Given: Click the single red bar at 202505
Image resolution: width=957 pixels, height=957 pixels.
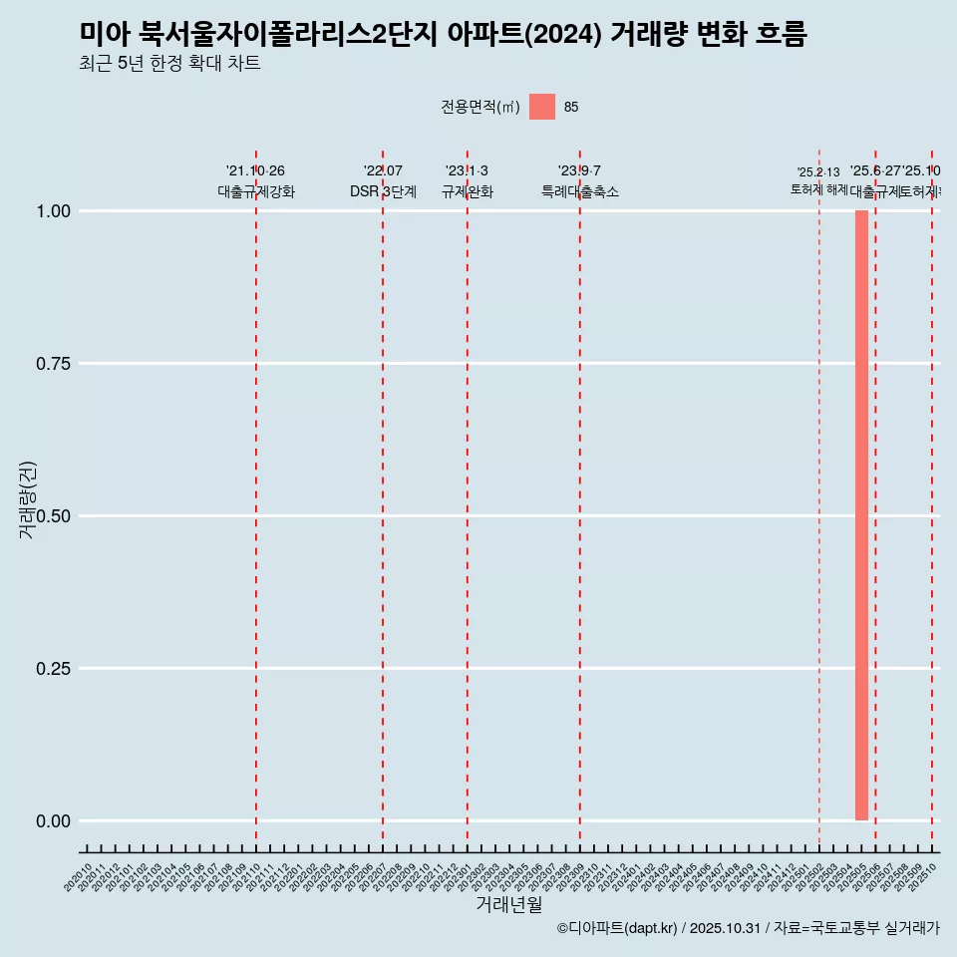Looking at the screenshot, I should pos(861,515).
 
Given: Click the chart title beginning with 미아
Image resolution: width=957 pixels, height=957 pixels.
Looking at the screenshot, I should pos(443,34).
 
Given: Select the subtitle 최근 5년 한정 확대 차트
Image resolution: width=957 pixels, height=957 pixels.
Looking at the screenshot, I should pos(169,64).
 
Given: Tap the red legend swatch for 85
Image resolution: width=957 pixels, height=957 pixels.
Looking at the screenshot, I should pos(541,107).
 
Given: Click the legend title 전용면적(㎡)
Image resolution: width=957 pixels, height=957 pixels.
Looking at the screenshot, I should pos(480,107).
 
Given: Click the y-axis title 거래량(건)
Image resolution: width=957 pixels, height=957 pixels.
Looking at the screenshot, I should pos(27,499).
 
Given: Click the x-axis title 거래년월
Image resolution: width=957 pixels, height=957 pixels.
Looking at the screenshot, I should pos(508,904).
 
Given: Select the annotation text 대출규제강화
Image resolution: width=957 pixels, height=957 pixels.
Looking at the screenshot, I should pos(256,191).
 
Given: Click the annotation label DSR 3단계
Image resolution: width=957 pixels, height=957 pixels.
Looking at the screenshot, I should pos(383,191).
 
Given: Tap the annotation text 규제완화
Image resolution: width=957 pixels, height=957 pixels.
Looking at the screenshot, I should pos(467,191).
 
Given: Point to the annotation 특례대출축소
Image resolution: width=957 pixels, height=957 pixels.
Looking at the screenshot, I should pos(579,191).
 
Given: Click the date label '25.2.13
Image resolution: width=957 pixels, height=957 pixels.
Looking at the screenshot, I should pos(818,172).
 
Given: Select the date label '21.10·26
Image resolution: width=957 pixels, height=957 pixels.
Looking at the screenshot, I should pos(256,171).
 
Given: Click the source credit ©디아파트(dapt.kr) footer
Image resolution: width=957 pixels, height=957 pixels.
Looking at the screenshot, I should pos(748,928).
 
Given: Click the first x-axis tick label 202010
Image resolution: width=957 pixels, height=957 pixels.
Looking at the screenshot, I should pos(79,877).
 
